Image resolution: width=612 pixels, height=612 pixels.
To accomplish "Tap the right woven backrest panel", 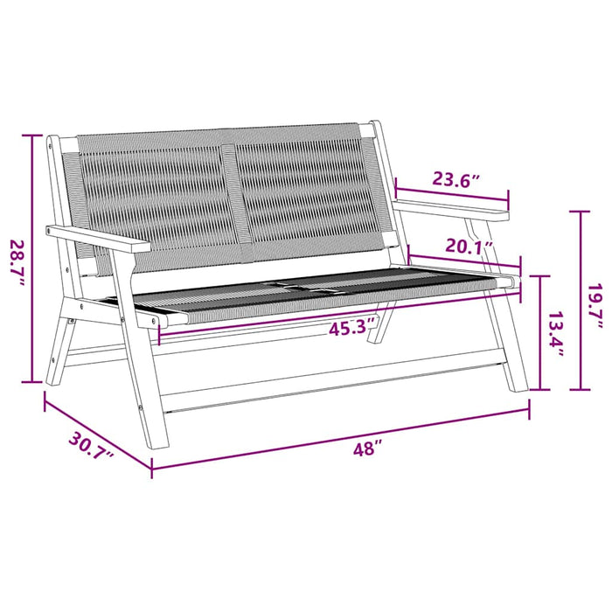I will click(310, 188).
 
